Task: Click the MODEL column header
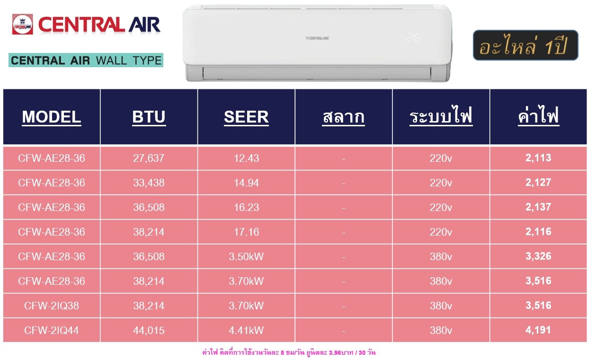click(51, 117)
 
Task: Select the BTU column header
click(149, 117)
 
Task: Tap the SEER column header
click(246, 117)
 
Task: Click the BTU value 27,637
click(149, 158)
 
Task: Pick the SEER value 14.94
click(246, 183)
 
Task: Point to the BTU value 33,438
click(149, 183)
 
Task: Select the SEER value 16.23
click(246, 207)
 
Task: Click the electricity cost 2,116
click(538, 232)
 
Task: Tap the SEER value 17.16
click(246, 232)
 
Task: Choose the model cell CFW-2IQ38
click(51, 306)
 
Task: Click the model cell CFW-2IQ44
click(51, 331)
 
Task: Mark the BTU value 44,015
click(149, 331)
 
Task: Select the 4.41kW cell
click(246, 331)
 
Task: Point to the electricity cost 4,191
click(538, 330)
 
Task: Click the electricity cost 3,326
click(538, 256)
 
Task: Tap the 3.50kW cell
click(246, 256)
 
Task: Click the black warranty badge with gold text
click(525, 45)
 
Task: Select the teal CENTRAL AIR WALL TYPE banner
click(86, 61)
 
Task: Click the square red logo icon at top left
click(23, 25)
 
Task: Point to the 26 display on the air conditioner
click(413, 37)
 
